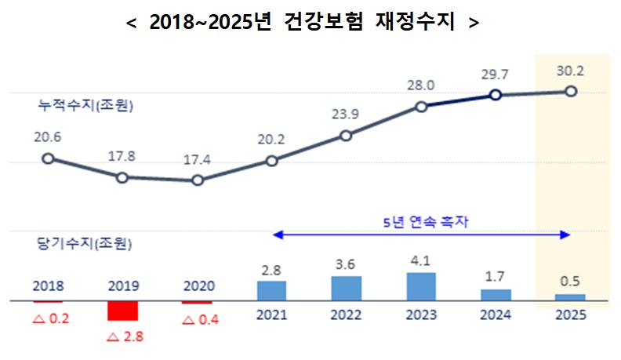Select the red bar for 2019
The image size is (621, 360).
[122, 311]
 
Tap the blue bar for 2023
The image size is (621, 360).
[421, 286]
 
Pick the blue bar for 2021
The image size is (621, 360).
[271, 290]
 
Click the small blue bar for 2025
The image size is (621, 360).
[570, 297]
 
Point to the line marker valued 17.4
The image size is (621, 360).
[198, 180]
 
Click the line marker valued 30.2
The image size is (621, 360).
[571, 91]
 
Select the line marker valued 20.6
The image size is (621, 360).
[48, 158]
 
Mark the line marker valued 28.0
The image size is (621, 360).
[421, 106]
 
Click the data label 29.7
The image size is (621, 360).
[496, 74]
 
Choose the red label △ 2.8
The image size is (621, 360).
[122, 338]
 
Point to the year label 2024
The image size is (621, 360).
[496, 315]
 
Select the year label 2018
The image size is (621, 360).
[48, 285]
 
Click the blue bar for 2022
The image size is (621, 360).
[347, 288]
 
